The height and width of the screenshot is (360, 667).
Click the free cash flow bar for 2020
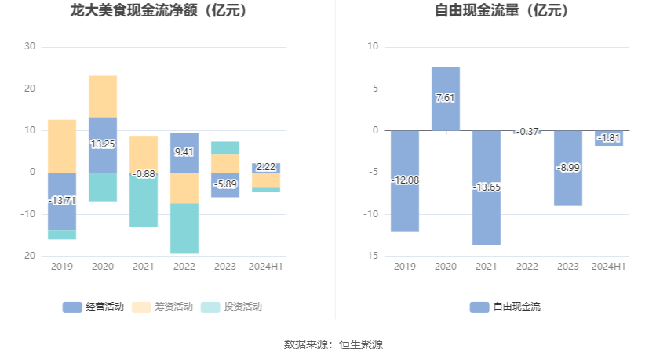click(446, 86)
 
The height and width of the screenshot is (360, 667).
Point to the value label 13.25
click(103, 144)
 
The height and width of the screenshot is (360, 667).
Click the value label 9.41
click(184, 151)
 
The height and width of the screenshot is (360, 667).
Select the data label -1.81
click(609, 138)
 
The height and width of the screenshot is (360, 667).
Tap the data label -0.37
click(527, 131)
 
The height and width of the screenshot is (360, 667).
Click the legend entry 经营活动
click(93, 307)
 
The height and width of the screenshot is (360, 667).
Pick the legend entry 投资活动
click(232, 307)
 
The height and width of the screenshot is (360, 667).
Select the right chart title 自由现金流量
click(502, 12)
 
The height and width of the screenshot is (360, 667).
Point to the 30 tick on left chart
click(30, 47)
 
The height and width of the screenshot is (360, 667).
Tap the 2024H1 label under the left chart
click(265, 267)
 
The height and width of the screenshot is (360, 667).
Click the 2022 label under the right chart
click(527, 267)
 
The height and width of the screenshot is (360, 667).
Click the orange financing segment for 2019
click(62, 146)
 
